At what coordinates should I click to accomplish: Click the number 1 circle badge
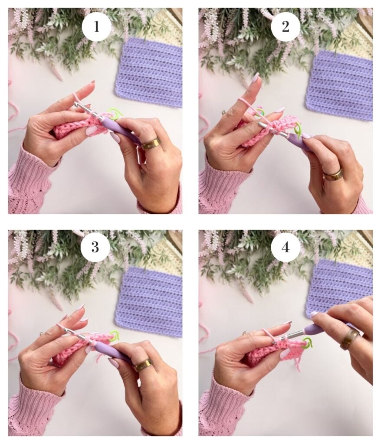(x=96, y=27)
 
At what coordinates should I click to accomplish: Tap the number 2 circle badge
(x=286, y=26)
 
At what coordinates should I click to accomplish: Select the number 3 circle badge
(x=95, y=247)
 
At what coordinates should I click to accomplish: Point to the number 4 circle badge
(x=286, y=248)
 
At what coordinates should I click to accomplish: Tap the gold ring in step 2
(x=333, y=174)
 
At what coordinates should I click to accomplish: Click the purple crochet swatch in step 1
(x=149, y=73)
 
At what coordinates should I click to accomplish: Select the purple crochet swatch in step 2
(x=339, y=85)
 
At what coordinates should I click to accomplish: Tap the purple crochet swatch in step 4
(x=340, y=286)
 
